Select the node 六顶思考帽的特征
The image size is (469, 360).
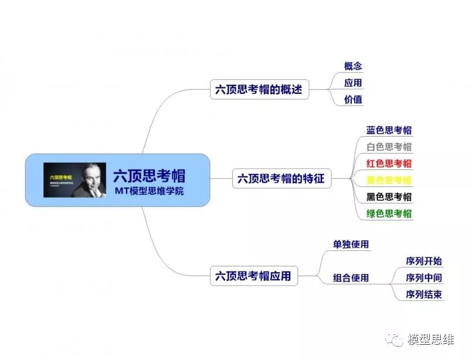tap(281, 178)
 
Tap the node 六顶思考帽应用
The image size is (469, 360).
tap(253, 276)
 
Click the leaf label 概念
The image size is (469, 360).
tap(353, 66)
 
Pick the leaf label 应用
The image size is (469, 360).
tap(353, 83)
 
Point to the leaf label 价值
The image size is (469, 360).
tap(353, 99)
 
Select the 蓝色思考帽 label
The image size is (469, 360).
tap(389, 130)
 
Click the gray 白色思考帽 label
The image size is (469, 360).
tap(389, 147)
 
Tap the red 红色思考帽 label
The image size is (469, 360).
tap(389, 163)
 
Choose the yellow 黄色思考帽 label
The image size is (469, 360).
tap(389, 179)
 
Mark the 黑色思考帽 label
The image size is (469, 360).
tap(389, 196)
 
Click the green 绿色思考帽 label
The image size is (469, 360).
tap(389, 213)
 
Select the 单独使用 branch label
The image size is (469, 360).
tap(351, 244)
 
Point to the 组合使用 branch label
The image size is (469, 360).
tap(351, 277)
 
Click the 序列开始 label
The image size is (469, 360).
tap(424, 261)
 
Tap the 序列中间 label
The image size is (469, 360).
tap(424, 277)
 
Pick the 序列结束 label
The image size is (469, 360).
tap(424, 294)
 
